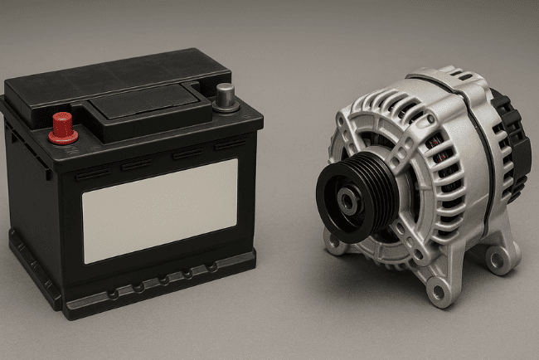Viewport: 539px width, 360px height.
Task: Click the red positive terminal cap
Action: click(x=63, y=124)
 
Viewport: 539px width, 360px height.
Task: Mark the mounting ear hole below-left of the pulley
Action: click(x=334, y=246)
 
